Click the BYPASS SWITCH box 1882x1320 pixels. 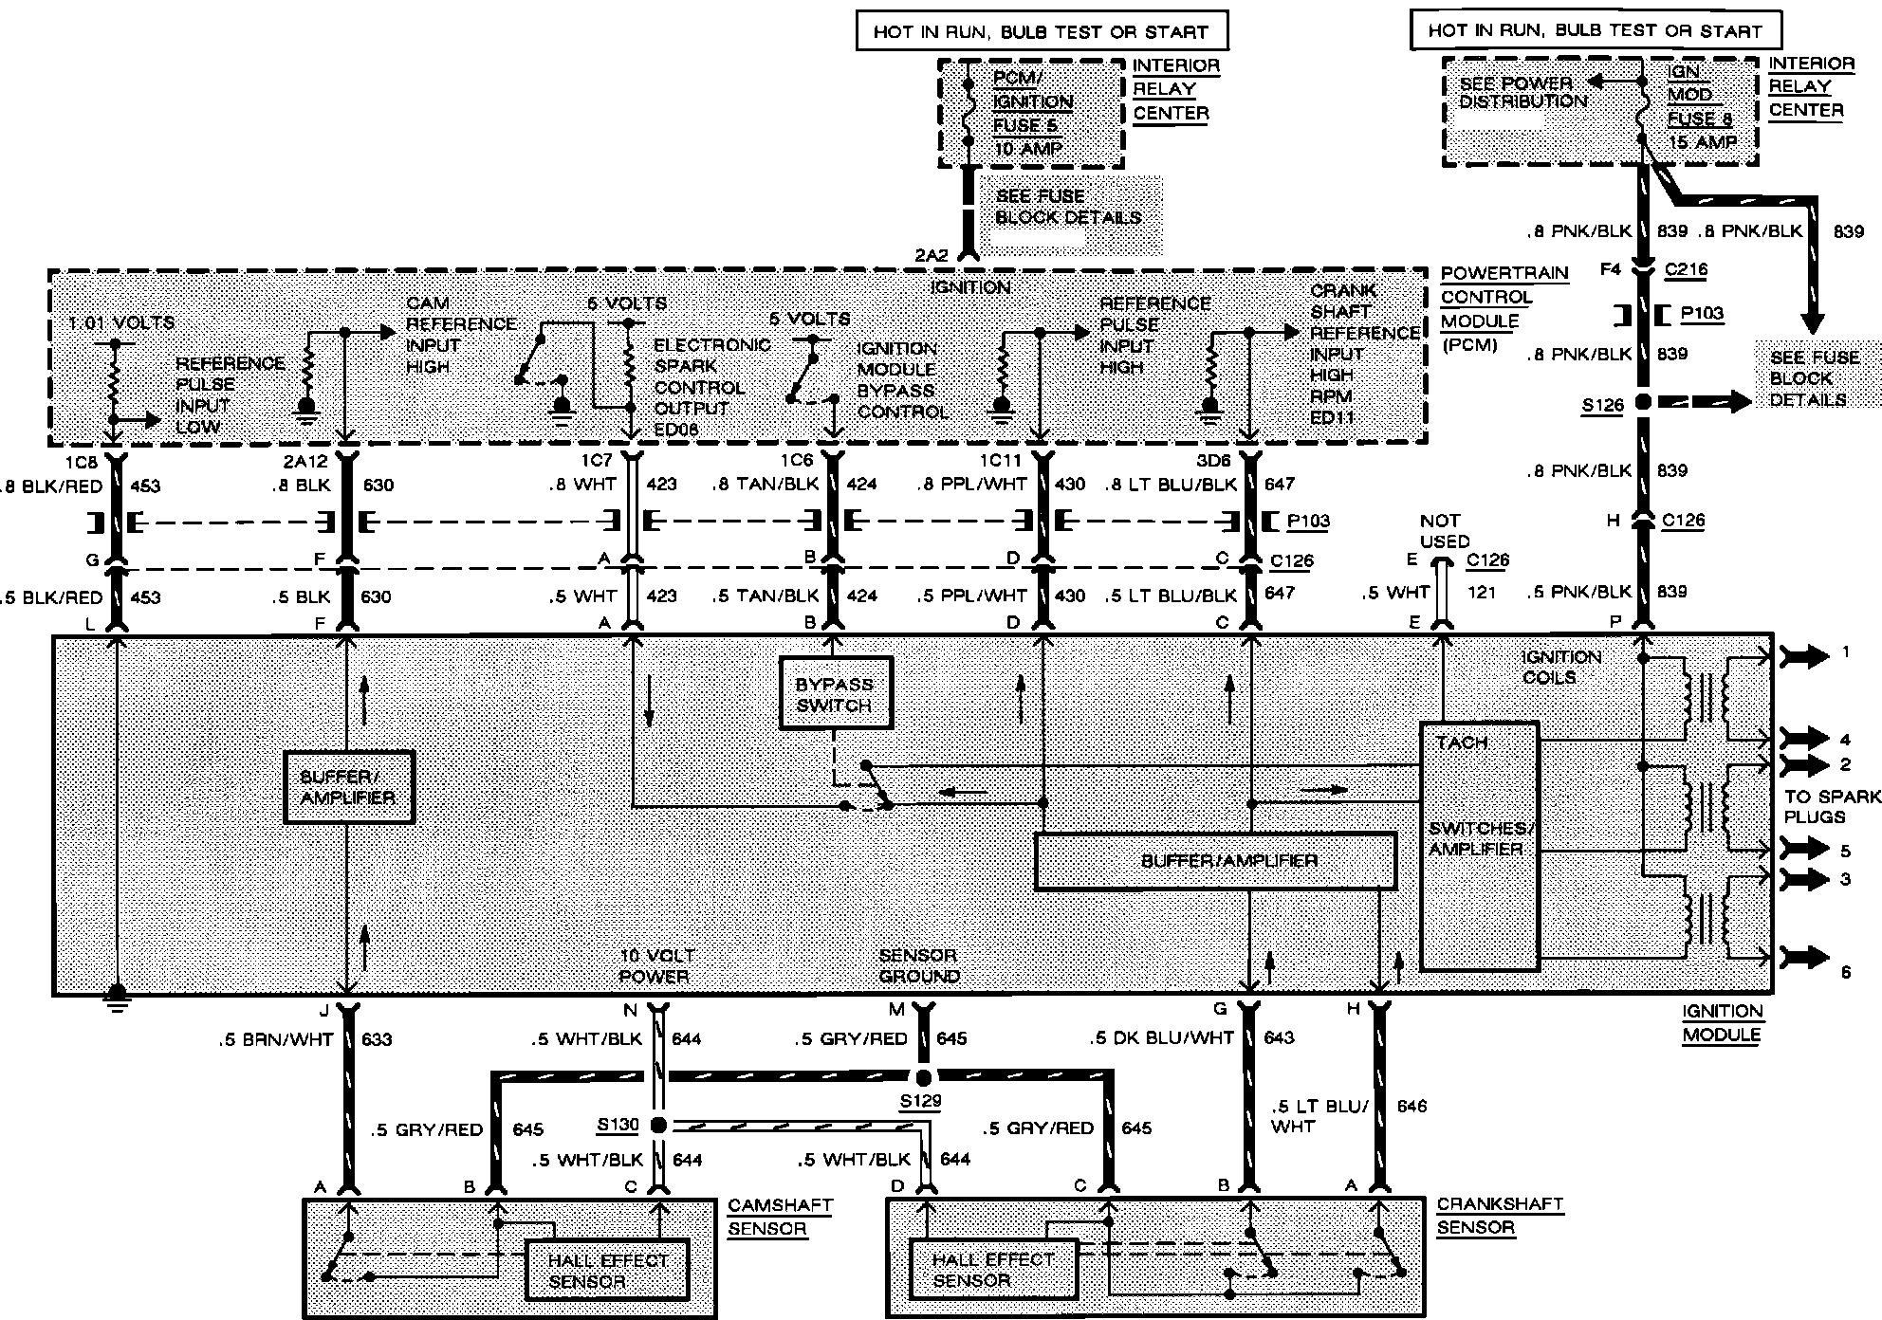(835, 693)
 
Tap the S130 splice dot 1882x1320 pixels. (658, 1126)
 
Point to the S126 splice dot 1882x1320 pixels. (1644, 402)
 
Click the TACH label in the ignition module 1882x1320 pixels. (1462, 742)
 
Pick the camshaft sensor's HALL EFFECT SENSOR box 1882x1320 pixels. (607, 1271)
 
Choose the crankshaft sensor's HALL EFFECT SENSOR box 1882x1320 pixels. (993, 1270)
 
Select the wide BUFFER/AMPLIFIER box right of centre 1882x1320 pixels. (1215, 861)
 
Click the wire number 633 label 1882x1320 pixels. (377, 1039)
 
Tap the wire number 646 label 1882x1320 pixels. (1411, 1106)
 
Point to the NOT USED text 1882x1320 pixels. (1444, 531)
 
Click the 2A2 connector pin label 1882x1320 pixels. (932, 255)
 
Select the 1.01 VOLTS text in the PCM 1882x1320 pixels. (121, 323)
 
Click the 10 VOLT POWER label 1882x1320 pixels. (654, 965)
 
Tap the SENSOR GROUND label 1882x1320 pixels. (918, 965)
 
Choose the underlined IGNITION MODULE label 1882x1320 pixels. (1722, 1023)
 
